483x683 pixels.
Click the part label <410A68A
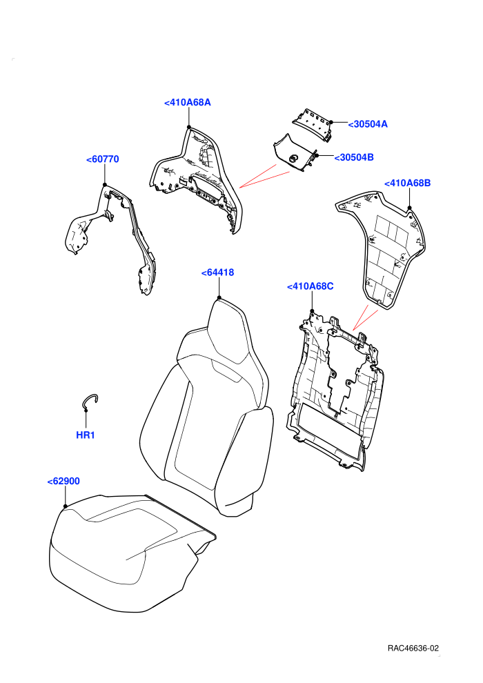[188, 102]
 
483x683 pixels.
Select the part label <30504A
[368, 124]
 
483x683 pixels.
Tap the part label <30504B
[354, 157]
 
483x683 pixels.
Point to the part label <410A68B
[407, 183]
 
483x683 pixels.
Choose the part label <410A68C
[310, 286]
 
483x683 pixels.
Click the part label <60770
[102, 159]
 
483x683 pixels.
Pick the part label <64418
[218, 273]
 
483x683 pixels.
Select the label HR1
[86, 435]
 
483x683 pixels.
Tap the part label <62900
[63, 482]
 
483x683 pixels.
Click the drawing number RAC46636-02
[413, 649]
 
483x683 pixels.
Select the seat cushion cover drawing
[130, 553]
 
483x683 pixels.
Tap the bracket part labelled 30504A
[312, 123]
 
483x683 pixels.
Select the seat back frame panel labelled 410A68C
[335, 392]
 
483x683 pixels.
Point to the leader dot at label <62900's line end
[66, 506]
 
